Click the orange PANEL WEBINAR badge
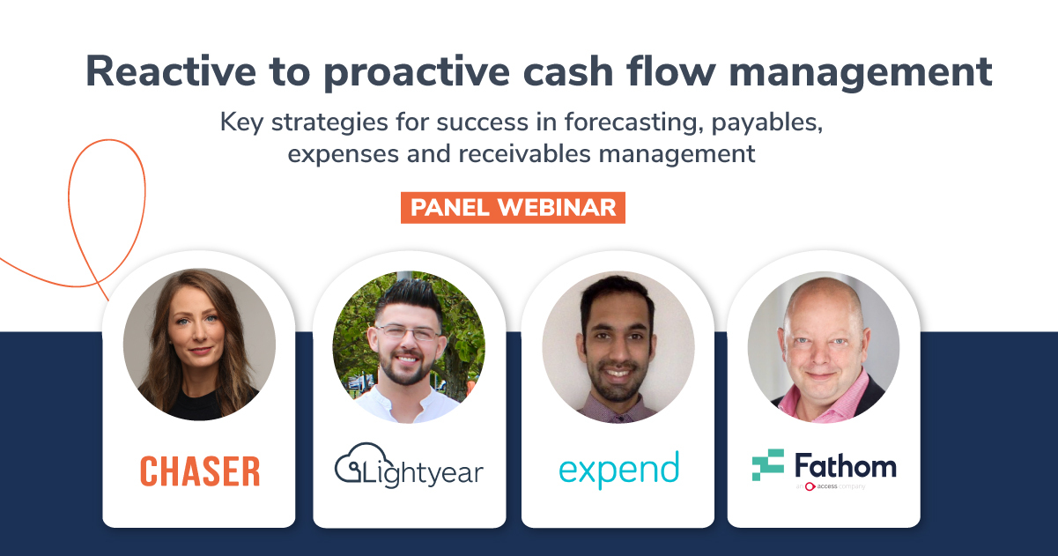(x=513, y=208)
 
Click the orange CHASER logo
(x=200, y=471)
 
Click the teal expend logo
(x=618, y=469)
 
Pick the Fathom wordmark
(x=845, y=464)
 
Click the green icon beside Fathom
(x=767, y=464)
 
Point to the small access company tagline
(x=832, y=486)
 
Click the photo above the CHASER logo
(x=199, y=345)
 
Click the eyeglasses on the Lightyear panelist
(x=407, y=334)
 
